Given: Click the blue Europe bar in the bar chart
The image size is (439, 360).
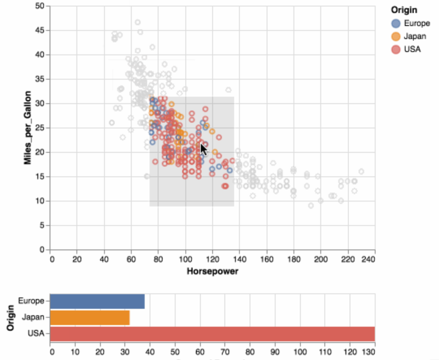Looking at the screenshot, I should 97,301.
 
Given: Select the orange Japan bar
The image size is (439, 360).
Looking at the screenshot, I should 90,317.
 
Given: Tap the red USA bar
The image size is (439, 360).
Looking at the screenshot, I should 212,334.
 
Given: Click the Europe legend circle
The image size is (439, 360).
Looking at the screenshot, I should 396,23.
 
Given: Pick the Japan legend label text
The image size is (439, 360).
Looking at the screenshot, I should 415,36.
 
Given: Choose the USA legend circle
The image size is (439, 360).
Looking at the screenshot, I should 396,49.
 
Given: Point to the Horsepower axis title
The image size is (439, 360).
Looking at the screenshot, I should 212,271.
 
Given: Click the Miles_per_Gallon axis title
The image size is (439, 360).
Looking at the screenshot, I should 28,128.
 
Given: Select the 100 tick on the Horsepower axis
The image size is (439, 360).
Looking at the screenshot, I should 185,259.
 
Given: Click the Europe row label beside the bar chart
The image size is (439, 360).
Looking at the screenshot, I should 31,301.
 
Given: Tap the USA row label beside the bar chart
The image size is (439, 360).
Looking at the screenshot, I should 36,334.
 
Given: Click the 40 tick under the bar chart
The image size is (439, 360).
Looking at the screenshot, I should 150,350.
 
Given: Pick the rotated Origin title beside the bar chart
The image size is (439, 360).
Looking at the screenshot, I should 11,317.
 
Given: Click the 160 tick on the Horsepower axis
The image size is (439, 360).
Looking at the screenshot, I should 267,259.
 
